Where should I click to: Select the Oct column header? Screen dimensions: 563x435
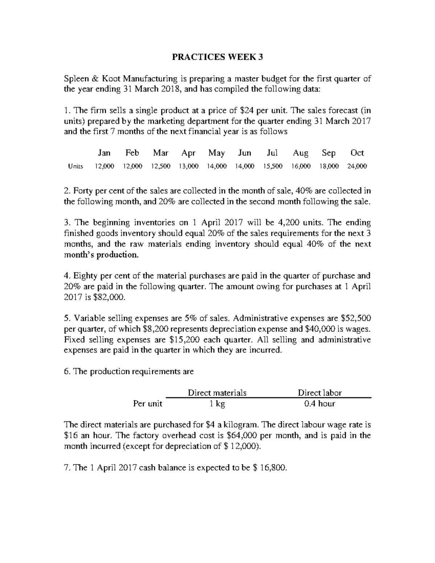(x=357, y=153)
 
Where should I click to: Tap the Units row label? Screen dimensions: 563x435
(x=76, y=166)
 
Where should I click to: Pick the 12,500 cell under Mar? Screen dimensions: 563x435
(x=161, y=166)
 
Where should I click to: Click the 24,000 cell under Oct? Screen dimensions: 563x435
(x=357, y=166)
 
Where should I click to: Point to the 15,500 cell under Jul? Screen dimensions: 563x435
(x=272, y=166)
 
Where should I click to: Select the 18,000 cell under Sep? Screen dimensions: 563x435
(x=329, y=166)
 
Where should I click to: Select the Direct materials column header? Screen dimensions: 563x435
(x=217, y=393)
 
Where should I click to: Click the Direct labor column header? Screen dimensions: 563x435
(x=320, y=393)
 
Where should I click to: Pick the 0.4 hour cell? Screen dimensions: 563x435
(x=320, y=403)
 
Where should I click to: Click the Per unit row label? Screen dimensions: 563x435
(x=148, y=403)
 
